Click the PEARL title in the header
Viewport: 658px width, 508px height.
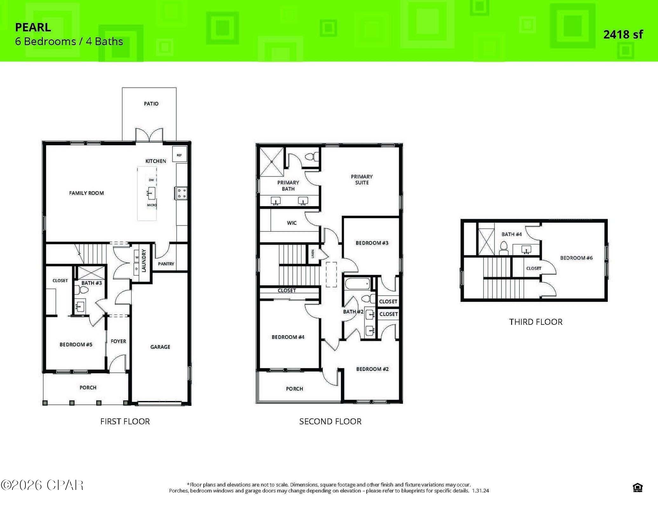coord(33,27)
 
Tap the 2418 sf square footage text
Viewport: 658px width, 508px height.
coord(623,34)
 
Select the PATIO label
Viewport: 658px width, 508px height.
coord(151,104)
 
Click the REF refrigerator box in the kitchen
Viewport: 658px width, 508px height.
coord(179,155)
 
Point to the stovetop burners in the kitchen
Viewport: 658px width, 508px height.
coord(181,193)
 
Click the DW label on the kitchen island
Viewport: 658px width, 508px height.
coord(151,180)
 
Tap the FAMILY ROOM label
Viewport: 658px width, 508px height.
coord(86,193)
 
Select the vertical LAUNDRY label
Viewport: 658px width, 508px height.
coord(144,261)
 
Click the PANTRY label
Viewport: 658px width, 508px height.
coord(166,264)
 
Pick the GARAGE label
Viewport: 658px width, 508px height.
coord(160,347)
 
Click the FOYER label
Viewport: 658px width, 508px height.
coord(118,341)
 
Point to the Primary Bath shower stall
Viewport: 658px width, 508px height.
coord(272,162)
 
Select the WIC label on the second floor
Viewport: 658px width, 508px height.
coord(291,223)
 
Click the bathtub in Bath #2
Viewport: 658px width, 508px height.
coord(357,283)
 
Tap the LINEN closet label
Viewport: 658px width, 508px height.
coord(313,254)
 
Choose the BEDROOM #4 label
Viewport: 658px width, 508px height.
coord(288,337)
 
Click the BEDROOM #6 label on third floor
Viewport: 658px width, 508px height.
coord(576,258)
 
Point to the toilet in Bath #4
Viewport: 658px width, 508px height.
coord(504,248)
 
